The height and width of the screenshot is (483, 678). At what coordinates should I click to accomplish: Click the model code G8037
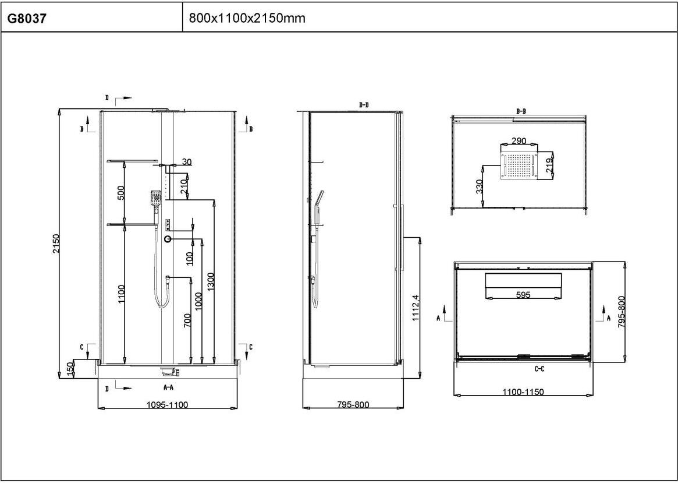tap(27, 19)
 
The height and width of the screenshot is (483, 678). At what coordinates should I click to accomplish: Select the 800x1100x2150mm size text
tap(247, 17)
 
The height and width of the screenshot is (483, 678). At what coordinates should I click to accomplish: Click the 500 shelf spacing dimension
tap(121, 193)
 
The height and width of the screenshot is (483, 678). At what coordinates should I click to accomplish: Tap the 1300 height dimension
tap(210, 281)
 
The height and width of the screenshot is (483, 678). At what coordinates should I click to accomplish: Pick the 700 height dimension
tap(187, 320)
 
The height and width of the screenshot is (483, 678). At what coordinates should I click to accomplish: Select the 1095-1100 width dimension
tap(168, 405)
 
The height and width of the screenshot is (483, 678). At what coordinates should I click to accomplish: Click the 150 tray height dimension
tap(70, 369)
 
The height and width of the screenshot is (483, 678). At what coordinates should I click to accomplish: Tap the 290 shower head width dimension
tap(519, 140)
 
